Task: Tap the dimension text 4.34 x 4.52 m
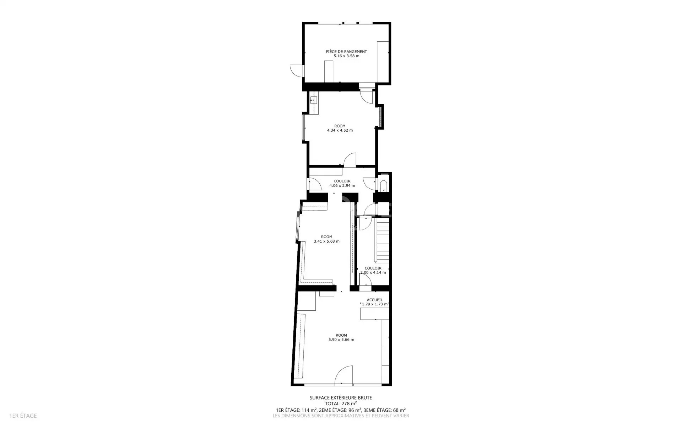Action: (x=340, y=130)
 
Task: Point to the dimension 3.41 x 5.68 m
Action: (x=326, y=241)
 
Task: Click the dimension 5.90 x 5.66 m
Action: (x=341, y=339)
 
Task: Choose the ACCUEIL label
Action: (x=375, y=300)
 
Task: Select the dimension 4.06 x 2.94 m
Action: (x=342, y=185)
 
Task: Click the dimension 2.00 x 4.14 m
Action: (x=373, y=273)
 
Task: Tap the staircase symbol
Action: (x=383, y=241)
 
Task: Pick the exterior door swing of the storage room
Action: (x=296, y=70)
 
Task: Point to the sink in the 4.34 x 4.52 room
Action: (x=65, y=101)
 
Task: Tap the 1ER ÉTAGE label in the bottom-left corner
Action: (x=23, y=416)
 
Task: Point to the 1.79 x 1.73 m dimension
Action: (x=374, y=304)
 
